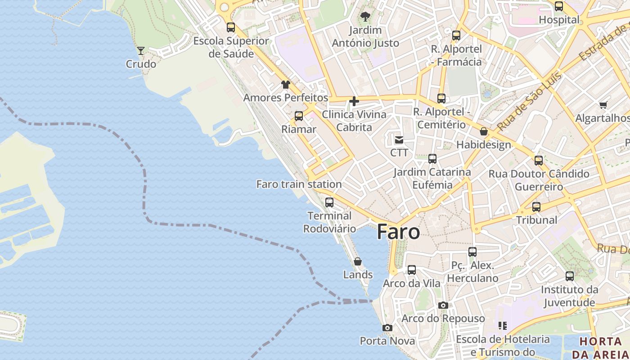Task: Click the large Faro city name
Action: [398, 232]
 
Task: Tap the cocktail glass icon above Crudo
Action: [141, 50]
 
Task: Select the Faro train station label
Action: [299, 184]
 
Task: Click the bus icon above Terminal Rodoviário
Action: [329, 202]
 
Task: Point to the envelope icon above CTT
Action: [399, 139]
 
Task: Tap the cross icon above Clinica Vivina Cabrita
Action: [354, 101]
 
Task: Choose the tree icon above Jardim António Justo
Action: [365, 17]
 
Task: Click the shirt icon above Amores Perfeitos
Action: [286, 84]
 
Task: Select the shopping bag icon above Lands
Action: [358, 261]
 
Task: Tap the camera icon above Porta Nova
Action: [387, 328]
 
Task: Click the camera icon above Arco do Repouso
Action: [443, 305]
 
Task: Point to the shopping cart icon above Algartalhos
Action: [603, 105]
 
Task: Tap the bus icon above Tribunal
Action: [536, 207]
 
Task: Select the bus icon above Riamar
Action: [299, 116]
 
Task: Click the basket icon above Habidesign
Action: [484, 131]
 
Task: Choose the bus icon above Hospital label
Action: [559, 6]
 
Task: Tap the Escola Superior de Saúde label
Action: [231, 47]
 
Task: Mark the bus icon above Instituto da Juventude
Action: [570, 276]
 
